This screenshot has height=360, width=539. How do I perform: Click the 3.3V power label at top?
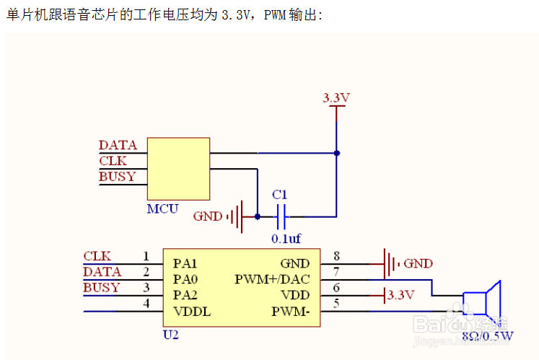(x=336, y=97)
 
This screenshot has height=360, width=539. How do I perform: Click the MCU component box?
(x=178, y=168)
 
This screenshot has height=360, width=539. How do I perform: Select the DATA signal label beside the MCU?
(x=118, y=145)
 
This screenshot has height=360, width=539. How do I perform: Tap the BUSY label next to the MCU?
(x=118, y=177)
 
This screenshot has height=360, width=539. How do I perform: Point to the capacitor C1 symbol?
(x=281, y=216)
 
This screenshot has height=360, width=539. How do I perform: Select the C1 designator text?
(x=279, y=195)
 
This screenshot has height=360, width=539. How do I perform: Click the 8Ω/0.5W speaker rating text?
(x=487, y=335)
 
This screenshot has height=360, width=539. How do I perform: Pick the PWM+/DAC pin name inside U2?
(x=272, y=279)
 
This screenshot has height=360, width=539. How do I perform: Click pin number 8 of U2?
(x=336, y=255)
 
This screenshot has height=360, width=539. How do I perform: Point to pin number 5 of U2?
(x=336, y=303)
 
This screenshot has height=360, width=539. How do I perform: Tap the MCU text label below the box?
(x=162, y=209)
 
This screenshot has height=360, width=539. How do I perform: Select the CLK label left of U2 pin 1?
(x=97, y=256)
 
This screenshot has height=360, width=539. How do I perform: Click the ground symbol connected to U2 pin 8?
(x=390, y=263)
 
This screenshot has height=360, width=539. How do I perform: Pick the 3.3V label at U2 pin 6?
(x=400, y=295)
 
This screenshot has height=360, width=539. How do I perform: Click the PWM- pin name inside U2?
(x=290, y=311)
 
